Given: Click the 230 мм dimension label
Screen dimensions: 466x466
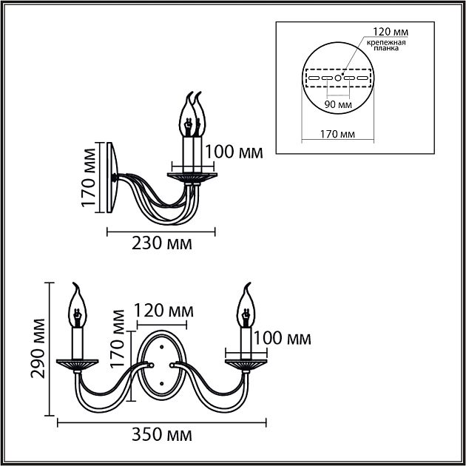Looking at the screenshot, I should coord(162,243).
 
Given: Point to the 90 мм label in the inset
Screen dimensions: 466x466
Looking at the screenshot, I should coord(338,105).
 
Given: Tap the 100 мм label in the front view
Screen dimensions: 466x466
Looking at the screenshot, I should coord(282,339).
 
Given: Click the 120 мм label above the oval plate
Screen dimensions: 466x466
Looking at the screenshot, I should coord(161,309).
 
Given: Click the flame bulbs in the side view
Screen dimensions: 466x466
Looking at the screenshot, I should coord(193,115).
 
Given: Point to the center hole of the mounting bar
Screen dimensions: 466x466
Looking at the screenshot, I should coord(338,77).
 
